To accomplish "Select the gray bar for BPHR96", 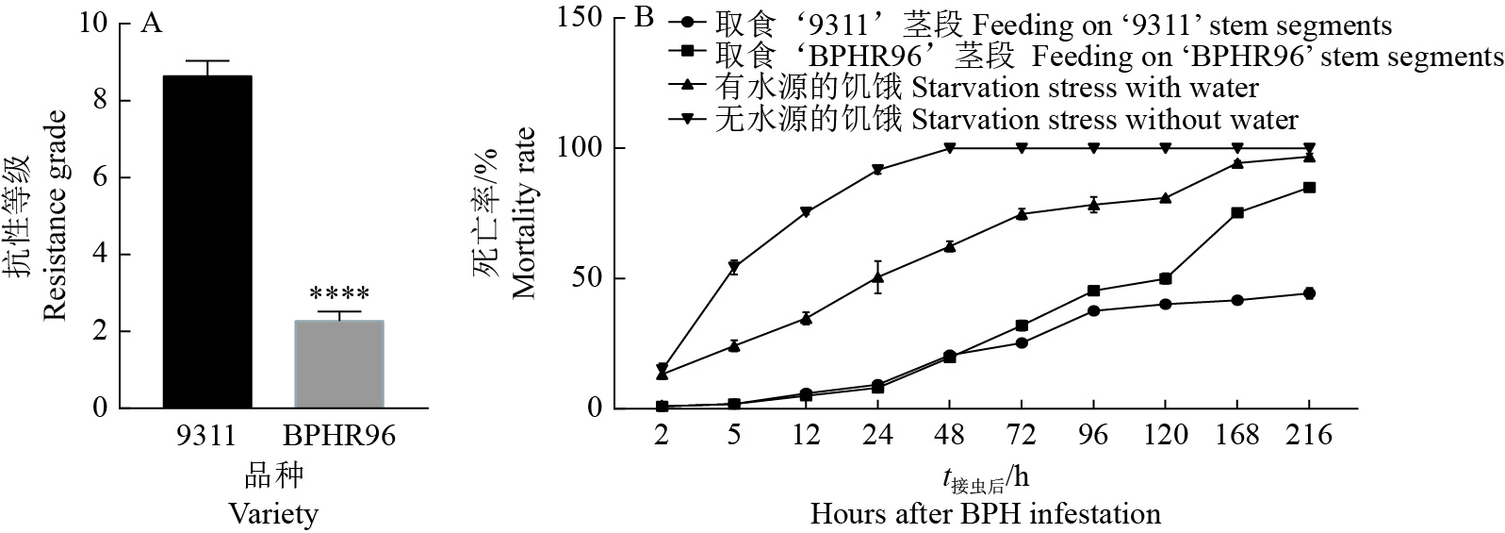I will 338,364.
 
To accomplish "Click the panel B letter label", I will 645,17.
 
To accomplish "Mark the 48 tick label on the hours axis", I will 950,435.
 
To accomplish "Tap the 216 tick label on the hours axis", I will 1309,435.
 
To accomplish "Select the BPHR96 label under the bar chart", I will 339,435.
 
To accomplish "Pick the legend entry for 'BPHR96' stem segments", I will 1084,57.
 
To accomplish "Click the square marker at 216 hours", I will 1309,188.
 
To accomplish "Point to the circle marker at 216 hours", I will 1309,293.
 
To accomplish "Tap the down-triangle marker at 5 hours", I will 733,268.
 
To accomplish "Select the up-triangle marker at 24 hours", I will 877,277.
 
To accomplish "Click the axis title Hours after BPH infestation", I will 985,514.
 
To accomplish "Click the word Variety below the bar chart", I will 273,514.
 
